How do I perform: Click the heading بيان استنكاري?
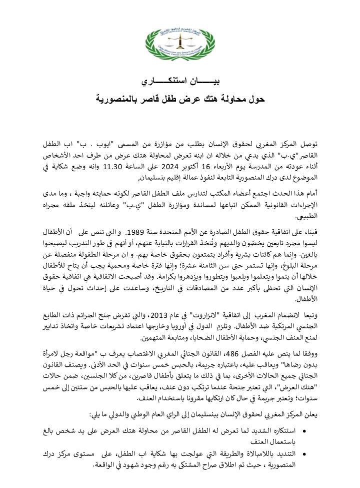[180, 82]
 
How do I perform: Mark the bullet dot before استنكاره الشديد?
[306, 431]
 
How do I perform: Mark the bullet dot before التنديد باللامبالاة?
[306, 452]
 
